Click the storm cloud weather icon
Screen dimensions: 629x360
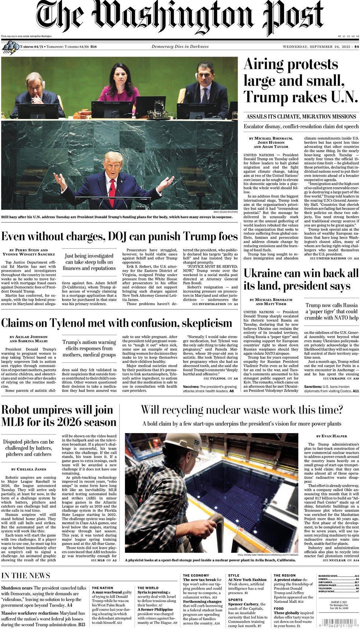[10, 47]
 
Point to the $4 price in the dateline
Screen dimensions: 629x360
[356, 47]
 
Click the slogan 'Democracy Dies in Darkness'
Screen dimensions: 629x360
[180, 47]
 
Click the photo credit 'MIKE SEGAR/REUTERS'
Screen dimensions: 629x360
[225, 212]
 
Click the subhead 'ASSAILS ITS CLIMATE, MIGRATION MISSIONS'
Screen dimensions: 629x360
[301, 117]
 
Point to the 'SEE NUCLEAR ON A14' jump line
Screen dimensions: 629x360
[341, 560]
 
